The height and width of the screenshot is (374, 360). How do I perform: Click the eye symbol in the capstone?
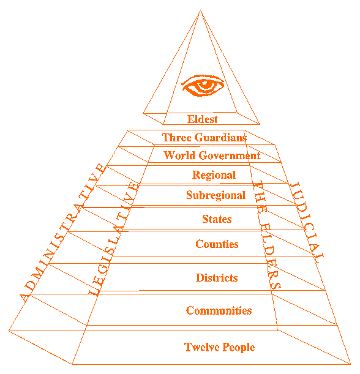click(x=203, y=86)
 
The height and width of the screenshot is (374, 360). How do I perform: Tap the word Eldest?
click(x=203, y=119)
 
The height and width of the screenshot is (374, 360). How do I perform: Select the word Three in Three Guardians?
click(x=177, y=137)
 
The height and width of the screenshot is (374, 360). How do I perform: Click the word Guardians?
click(x=222, y=138)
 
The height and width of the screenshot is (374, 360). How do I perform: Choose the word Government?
click(x=230, y=155)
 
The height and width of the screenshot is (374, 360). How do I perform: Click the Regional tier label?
click(x=214, y=175)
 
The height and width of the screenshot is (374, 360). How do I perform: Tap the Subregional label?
click(x=216, y=195)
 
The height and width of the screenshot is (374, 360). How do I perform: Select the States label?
click(x=217, y=219)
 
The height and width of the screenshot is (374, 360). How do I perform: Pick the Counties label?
click(x=217, y=244)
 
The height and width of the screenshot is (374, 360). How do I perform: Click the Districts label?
click(x=217, y=278)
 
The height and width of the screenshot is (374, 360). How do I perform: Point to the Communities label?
click(x=219, y=310)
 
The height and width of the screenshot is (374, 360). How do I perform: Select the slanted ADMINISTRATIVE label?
click(x=63, y=233)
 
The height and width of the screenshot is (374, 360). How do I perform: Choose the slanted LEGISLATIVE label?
click(x=113, y=239)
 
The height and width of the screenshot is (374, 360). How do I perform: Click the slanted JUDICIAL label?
click(x=307, y=222)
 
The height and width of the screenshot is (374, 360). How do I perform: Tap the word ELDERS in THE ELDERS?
click(x=271, y=256)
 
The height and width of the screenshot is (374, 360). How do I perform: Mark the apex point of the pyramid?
click(x=200, y=11)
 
